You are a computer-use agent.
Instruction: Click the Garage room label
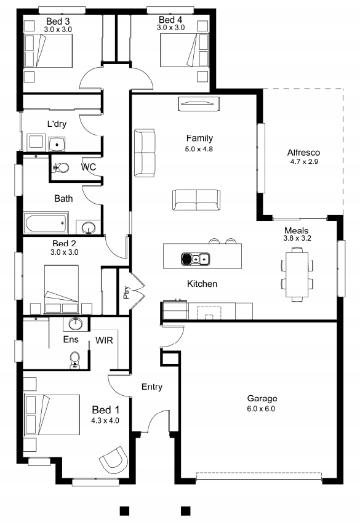(x=262, y=398)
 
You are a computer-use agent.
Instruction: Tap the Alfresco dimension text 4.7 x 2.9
(x=304, y=161)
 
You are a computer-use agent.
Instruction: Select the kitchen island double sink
(x=195, y=259)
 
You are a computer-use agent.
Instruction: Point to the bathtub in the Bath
(x=46, y=223)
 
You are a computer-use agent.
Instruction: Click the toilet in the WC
(x=60, y=167)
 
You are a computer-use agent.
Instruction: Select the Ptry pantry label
(x=126, y=292)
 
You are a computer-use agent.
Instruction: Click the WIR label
(x=104, y=340)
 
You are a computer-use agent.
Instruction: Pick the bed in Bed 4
(x=184, y=50)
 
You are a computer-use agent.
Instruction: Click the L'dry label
(x=57, y=124)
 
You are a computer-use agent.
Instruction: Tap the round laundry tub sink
(x=57, y=144)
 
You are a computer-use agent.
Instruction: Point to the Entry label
(x=152, y=387)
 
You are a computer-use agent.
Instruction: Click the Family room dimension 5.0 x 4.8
(x=199, y=149)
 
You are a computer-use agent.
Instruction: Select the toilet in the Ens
(x=74, y=360)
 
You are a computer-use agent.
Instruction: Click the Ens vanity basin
(x=76, y=324)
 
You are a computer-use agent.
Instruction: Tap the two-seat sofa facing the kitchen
(x=196, y=200)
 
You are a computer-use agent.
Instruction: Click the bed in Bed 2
(x=62, y=289)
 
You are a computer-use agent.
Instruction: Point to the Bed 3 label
(x=58, y=22)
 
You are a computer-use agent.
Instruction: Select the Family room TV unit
(x=199, y=104)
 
